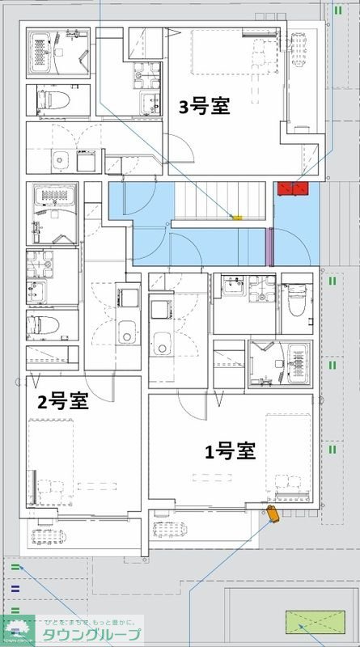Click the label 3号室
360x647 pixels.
(203, 107)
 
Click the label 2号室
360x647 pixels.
(62, 401)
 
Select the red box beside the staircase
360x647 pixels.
(293, 188)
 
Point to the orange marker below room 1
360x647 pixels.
(273, 515)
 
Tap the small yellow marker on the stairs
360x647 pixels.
(237, 217)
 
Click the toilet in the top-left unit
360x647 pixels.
(51, 101)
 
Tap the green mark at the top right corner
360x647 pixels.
(337, 10)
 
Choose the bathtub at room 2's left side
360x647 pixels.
(52, 212)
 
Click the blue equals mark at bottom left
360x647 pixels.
(16, 588)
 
